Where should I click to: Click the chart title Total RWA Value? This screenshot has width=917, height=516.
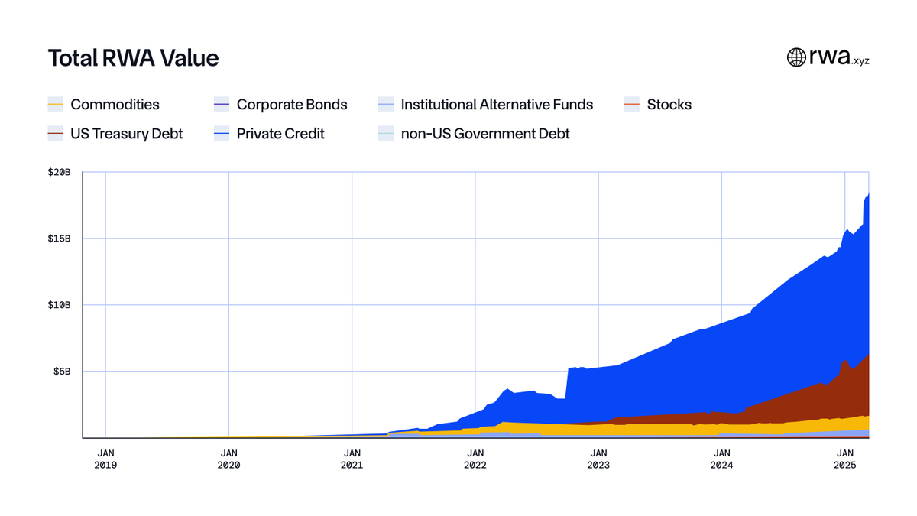(133, 58)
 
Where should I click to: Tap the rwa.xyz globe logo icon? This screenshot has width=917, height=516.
(796, 57)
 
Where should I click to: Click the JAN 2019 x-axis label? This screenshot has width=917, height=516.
(105, 459)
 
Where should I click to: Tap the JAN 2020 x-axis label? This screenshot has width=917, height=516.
(228, 459)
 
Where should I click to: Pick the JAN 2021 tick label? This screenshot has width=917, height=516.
(352, 459)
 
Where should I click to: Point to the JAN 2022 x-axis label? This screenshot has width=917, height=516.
(475, 459)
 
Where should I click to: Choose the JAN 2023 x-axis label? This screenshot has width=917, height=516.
(598, 459)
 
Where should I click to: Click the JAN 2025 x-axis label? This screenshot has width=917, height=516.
(845, 459)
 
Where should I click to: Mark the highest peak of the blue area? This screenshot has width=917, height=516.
(869, 193)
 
